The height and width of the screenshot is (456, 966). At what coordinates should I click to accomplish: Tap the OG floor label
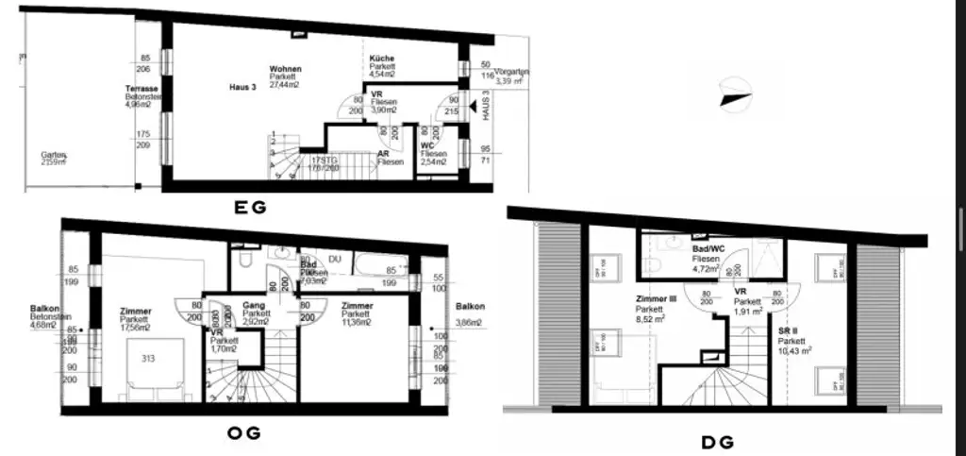pos(241,433)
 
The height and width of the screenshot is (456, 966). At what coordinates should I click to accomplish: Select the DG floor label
pos(717,441)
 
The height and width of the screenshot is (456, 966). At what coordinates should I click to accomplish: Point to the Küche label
pos(382,59)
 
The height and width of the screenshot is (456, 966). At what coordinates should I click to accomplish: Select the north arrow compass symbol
pos(735,96)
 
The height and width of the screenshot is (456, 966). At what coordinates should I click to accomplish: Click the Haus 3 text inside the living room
pos(242,87)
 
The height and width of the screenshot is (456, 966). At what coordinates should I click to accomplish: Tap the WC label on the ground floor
pos(427,145)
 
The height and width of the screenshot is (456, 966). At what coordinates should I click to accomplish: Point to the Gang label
pos(252,306)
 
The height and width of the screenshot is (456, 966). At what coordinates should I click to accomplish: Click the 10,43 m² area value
pos(794,349)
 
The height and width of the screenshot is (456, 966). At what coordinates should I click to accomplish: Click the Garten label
pos(52,154)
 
